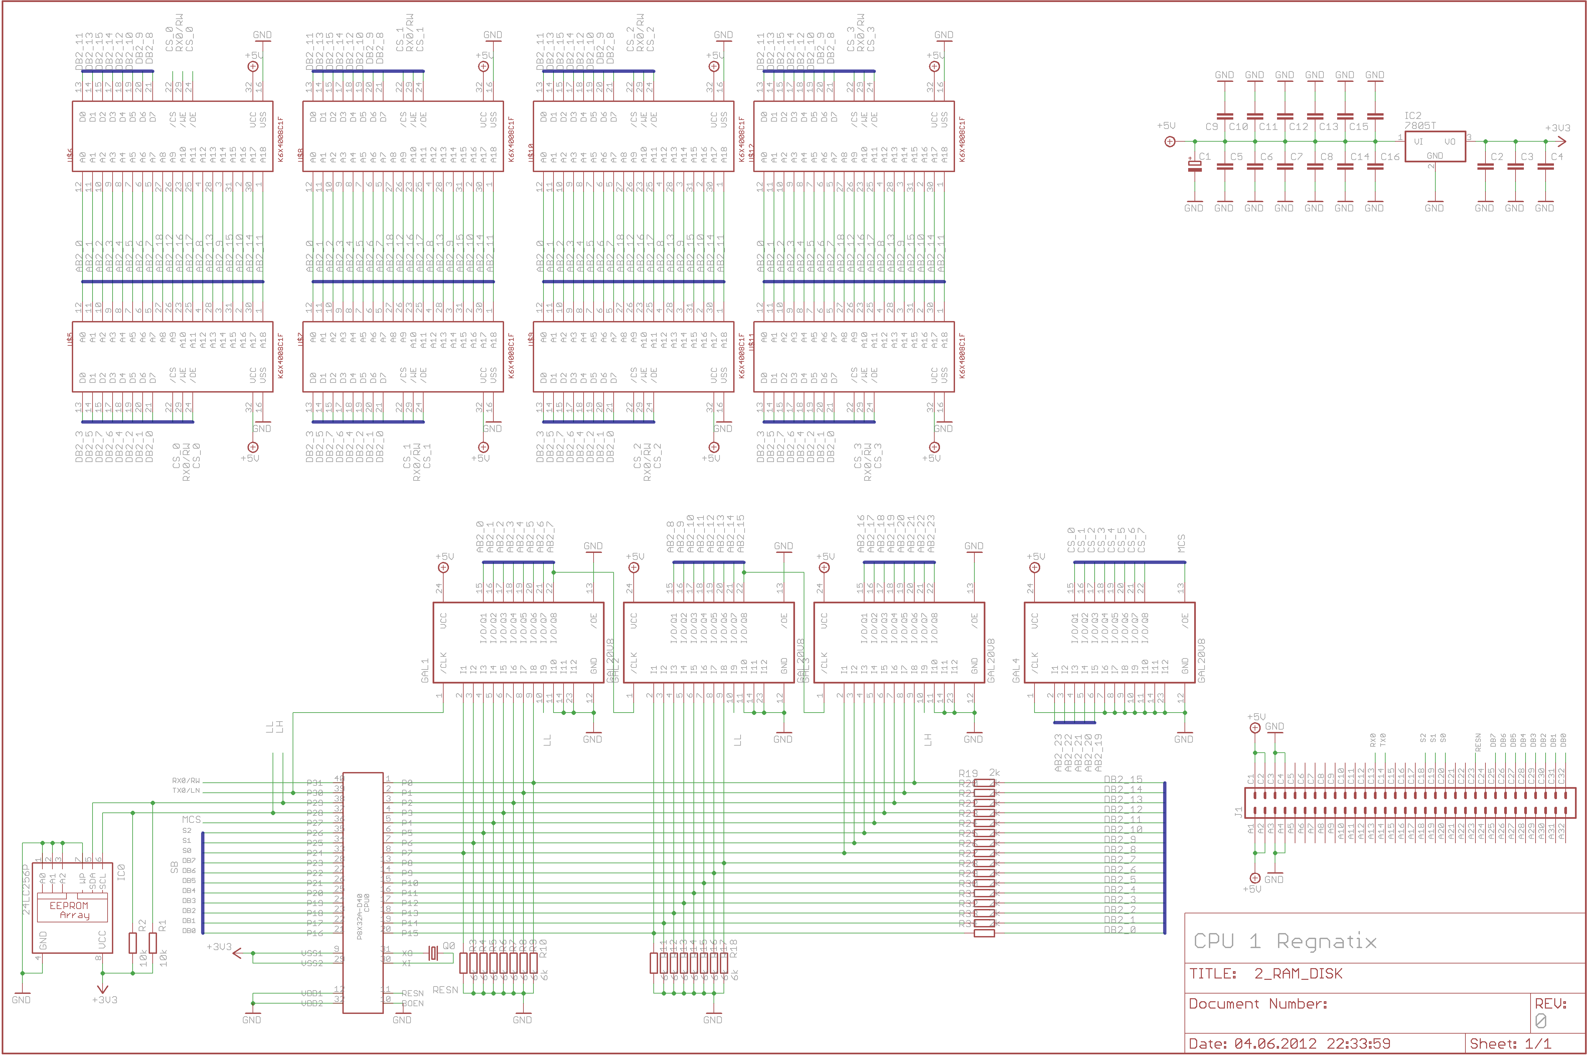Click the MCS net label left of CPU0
click(x=191, y=819)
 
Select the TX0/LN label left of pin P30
click(x=186, y=791)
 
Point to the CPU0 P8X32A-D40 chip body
click(x=363, y=892)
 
